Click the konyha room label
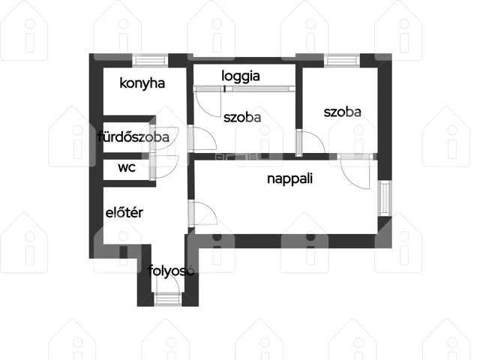point(142,83)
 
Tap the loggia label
point(241,76)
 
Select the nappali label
point(290,178)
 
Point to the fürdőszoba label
point(133,136)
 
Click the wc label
point(127,168)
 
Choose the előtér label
point(124,212)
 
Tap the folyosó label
point(171,271)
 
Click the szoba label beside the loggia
point(242,118)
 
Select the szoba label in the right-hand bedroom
point(342,112)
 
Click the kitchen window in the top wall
point(150,60)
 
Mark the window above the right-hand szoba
point(342,60)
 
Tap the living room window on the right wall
point(385,198)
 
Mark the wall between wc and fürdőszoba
point(126,156)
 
